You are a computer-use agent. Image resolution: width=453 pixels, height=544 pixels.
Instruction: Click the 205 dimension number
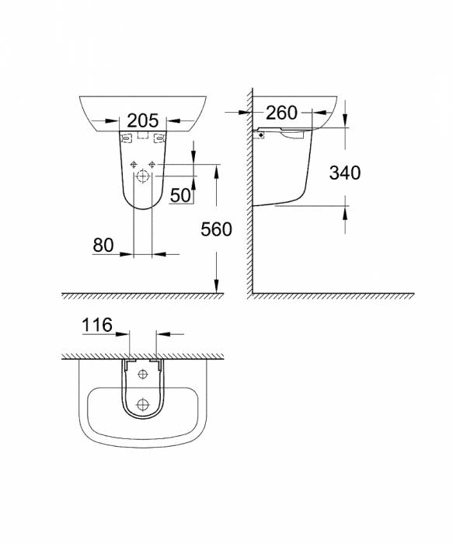(x=142, y=120)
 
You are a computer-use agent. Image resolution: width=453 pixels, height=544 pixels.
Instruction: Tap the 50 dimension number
(x=180, y=195)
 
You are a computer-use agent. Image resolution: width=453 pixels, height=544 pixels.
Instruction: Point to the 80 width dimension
(x=103, y=245)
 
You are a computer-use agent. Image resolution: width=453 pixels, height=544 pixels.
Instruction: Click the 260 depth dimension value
(x=281, y=113)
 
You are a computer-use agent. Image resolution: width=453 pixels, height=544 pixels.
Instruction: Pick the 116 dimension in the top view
(x=97, y=325)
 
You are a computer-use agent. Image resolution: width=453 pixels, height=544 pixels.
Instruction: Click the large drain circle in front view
(x=143, y=176)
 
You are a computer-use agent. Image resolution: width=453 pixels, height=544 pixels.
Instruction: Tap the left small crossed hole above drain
(x=134, y=163)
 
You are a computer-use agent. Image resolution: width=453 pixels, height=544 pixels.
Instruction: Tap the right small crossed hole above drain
(x=152, y=163)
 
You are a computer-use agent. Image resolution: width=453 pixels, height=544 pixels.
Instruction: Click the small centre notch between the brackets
(x=142, y=136)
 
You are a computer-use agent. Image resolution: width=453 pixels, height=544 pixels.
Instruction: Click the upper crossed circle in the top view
(x=142, y=375)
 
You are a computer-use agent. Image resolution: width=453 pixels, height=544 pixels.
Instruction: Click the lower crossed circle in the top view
(x=142, y=404)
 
